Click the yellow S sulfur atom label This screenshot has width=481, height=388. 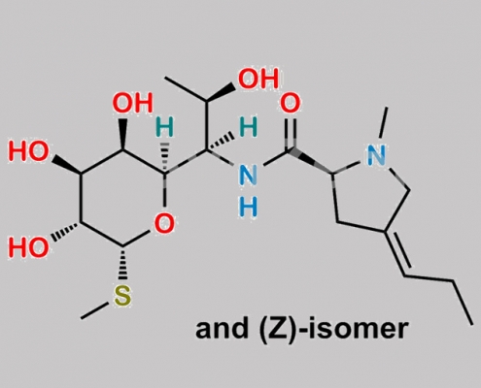(x=122, y=296)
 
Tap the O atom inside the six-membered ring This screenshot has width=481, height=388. (x=164, y=223)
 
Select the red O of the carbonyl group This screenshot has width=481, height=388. (x=291, y=103)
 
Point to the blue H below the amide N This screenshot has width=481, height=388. (x=248, y=207)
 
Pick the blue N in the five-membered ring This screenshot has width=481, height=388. (x=376, y=155)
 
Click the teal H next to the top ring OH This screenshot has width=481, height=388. (x=164, y=127)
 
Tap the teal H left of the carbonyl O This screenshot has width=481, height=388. (x=248, y=127)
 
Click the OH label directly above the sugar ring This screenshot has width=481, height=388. (x=132, y=103)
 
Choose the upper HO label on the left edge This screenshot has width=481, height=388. (x=29, y=151)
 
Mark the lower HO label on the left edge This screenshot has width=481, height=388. (x=29, y=246)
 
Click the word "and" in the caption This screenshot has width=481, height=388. (x=221, y=329)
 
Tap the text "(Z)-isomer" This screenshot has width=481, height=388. (x=333, y=330)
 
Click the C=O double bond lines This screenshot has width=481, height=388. (x=291, y=133)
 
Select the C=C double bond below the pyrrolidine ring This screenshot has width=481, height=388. (x=397, y=253)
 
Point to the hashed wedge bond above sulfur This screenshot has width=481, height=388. (x=122, y=263)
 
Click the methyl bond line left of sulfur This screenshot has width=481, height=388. (x=95, y=310)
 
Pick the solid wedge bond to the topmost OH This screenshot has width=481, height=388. (x=221, y=93)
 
